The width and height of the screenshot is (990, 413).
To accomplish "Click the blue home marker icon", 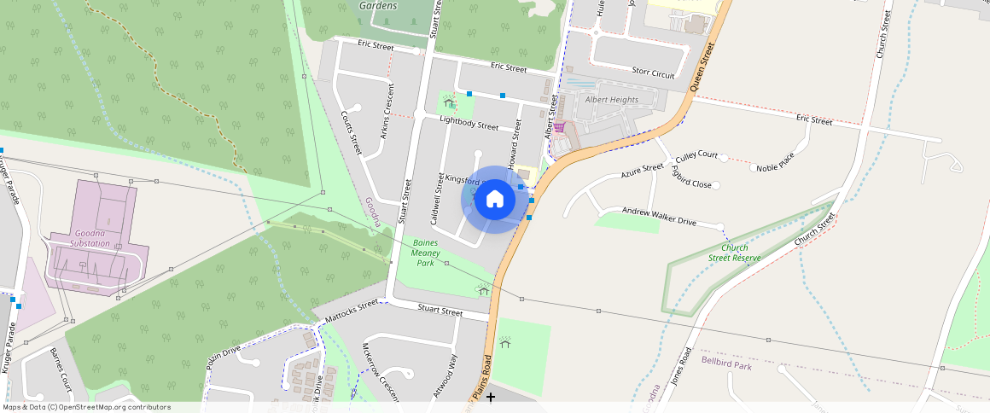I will (x=494, y=199).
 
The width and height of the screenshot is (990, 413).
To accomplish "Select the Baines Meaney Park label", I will (x=425, y=253).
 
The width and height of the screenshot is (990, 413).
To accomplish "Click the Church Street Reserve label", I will (x=735, y=253).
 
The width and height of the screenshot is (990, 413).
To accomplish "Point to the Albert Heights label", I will (x=611, y=100).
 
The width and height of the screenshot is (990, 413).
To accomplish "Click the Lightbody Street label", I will (x=469, y=124).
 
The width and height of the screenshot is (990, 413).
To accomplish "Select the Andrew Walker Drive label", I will (x=659, y=216).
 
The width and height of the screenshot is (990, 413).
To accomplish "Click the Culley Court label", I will (x=696, y=157).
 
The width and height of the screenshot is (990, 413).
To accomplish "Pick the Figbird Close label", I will (x=690, y=178).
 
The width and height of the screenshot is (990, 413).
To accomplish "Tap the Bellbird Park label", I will (x=726, y=364).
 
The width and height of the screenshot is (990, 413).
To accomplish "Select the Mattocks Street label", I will (x=350, y=311).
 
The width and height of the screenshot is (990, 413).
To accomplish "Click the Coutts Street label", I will (x=351, y=132).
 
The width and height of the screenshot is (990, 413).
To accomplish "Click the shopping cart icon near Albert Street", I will (x=559, y=127).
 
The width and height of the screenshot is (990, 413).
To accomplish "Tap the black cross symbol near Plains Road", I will (x=491, y=397).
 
